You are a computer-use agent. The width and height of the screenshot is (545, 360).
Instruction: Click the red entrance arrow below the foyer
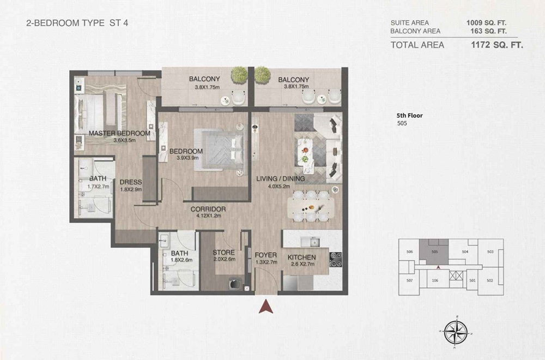267,307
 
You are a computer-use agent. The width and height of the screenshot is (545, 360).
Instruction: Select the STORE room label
223,253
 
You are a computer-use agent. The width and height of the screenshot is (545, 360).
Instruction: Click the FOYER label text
266,255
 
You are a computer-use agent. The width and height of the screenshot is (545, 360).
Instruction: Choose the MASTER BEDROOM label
119,133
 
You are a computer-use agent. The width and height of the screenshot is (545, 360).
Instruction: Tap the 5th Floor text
409,116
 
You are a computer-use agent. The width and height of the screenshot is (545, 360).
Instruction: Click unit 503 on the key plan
490,251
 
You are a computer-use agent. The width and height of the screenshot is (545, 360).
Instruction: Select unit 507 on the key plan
409,280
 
